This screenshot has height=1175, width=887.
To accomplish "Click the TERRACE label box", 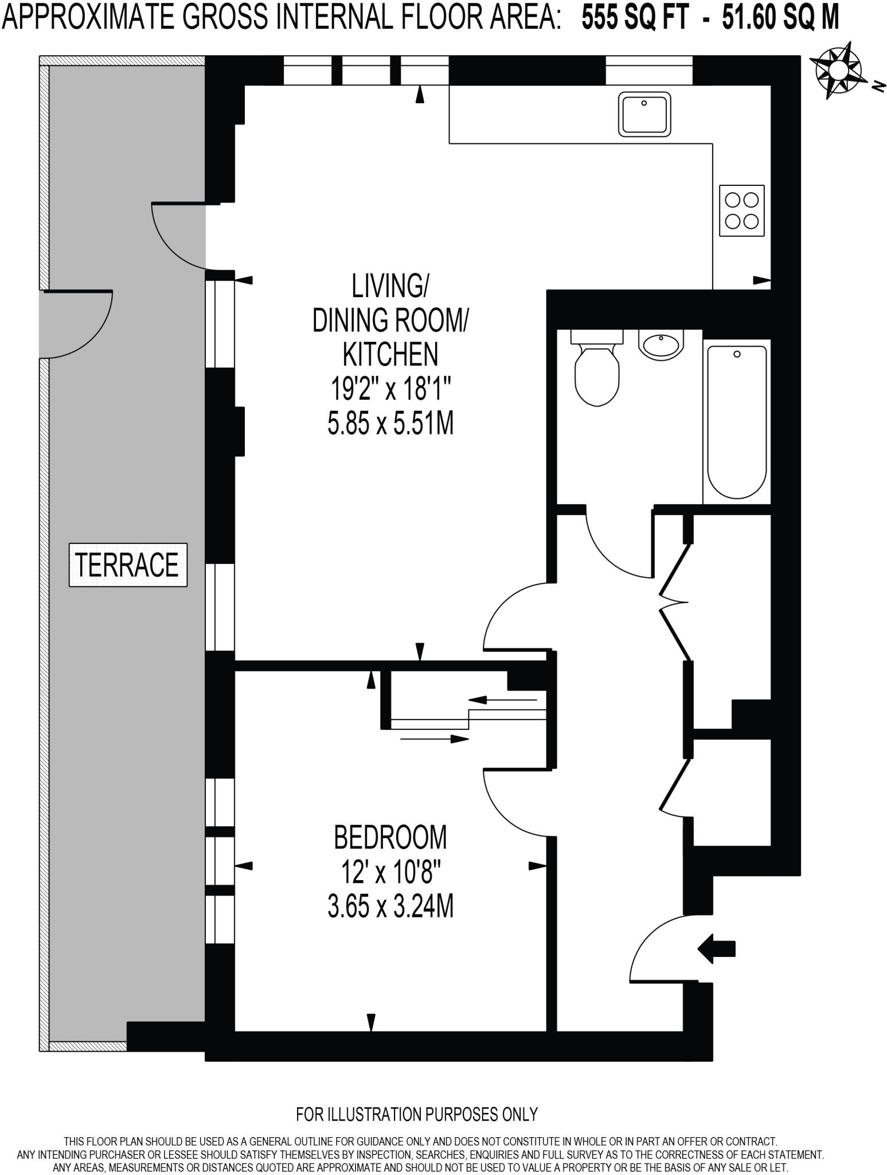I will pyautogui.click(x=128, y=565).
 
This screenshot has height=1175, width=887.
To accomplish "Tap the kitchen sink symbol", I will pyautogui.click(x=644, y=114).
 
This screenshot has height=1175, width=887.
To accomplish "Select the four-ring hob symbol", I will pyautogui.click(x=741, y=211).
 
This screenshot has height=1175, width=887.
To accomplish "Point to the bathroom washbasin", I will pyautogui.click(x=661, y=345).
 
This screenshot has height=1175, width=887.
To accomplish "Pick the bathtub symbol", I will pyautogui.click(x=737, y=422).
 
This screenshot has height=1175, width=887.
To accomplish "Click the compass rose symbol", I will pyautogui.click(x=838, y=69).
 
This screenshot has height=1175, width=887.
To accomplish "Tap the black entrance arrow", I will pyautogui.click(x=716, y=949).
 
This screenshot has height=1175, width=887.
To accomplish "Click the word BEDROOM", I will pyautogui.click(x=390, y=838).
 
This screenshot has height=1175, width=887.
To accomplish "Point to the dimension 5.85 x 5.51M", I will pyautogui.click(x=390, y=425).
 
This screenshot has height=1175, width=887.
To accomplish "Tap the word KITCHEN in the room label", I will pyautogui.click(x=390, y=354).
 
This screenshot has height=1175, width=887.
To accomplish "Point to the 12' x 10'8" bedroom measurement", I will pyautogui.click(x=390, y=873).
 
